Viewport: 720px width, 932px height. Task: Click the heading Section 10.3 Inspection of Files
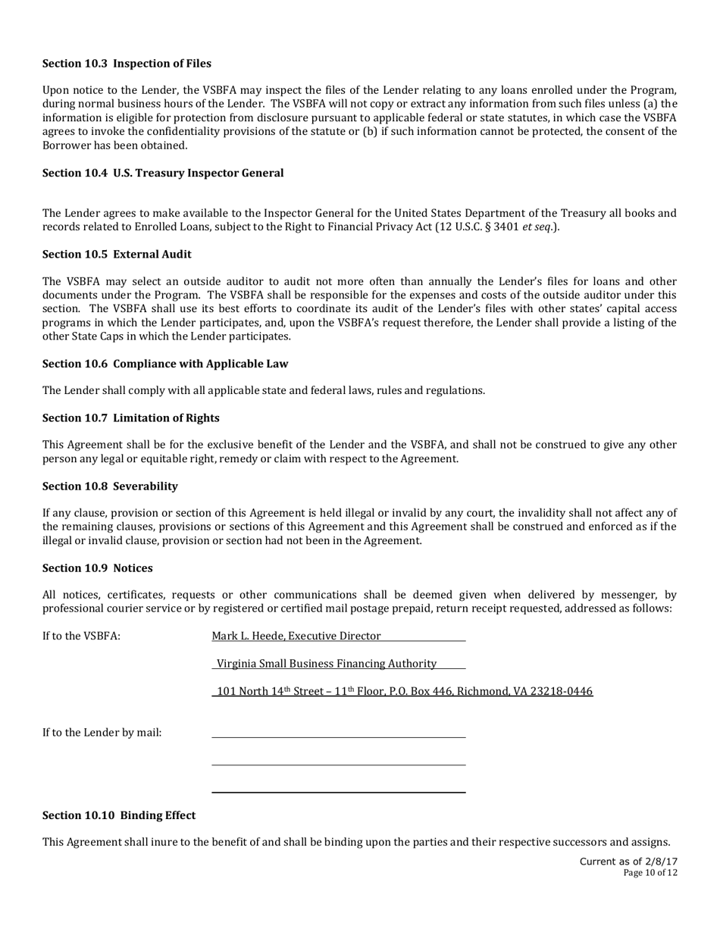click(x=127, y=64)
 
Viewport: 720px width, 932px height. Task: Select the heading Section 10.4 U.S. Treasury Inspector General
click(x=163, y=173)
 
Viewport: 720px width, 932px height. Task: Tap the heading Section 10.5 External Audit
click(x=117, y=254)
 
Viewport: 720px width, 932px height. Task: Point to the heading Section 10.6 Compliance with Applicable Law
click(x=165, y=364)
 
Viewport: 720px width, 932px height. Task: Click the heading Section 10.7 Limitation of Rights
click(x=130, y=418)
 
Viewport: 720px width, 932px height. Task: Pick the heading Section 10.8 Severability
click(x=110, y=486)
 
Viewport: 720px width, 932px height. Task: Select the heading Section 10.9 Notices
click(x=97, y=568)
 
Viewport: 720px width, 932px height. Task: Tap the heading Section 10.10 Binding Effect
click(x=119, y=815)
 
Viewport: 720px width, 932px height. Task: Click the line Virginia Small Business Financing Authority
click(x=327, y=664)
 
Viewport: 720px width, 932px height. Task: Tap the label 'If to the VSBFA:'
click(x=81, y=636)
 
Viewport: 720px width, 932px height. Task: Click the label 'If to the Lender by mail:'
click(x=102, y=733)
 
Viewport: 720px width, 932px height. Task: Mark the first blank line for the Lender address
click(x=338, y=737)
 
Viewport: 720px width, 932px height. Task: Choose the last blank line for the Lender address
click(x=338, y=792)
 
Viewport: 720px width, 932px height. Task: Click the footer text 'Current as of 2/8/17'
click(x=628, y=862)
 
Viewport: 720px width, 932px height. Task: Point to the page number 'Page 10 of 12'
click(x=650, y=873)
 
